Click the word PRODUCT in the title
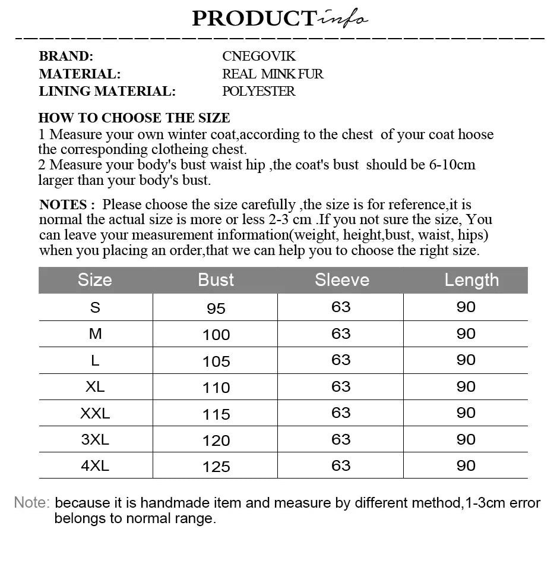(x=253, y=18)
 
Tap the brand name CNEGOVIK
(x=258, y=56)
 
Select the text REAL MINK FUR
(x=273, y=74)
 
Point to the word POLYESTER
(x=258, y=92)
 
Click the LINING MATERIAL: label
(x=107, y=92)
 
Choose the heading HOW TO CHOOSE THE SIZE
(x=134, y=118)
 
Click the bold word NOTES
(x=63, y=205)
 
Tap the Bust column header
(x=216, y=280)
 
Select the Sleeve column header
(x=341, y=280)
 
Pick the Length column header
(x=471, y=280)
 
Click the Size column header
(x=95, y=280)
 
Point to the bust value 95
(x=216, y=309)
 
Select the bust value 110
(x=216, y=388)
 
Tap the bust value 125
(x=216, y=467)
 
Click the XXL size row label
(x=95, y=413)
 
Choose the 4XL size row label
(x=95, y=465)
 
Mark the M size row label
(x=95, y=334)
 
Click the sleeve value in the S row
(x=341, y=307)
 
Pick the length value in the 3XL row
(x=466, y=439)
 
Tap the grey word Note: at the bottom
(x=31, y=503)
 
